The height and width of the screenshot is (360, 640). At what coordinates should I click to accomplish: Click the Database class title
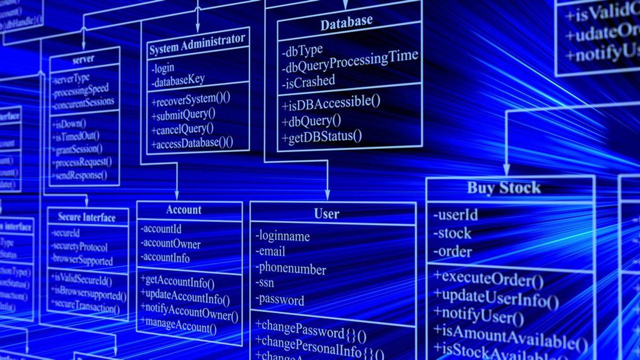tap(346, 23)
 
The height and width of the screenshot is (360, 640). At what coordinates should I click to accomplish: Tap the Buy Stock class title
tap(504, 188)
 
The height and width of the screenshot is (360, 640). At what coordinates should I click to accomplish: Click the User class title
tap(326, 214)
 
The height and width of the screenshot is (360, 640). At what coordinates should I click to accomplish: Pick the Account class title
tap(183, 210)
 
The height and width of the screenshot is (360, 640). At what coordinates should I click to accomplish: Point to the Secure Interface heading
tap(86, 218)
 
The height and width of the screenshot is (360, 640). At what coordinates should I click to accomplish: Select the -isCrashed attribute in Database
tap(309, 81)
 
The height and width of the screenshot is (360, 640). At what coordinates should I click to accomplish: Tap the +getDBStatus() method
tap(322, 137)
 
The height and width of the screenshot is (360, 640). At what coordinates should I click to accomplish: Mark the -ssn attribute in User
tap(265, 283)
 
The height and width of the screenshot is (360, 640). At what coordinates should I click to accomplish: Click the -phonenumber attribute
tap(290, 268)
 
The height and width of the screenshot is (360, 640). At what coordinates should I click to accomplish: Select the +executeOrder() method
tap(488, 278)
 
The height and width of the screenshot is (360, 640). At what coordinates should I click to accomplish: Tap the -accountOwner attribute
tap(170, 244)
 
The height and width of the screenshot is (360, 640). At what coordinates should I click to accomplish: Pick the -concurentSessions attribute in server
tap(83, 101)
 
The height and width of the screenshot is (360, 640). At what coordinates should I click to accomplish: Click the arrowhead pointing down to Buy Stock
tap(507, 170)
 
